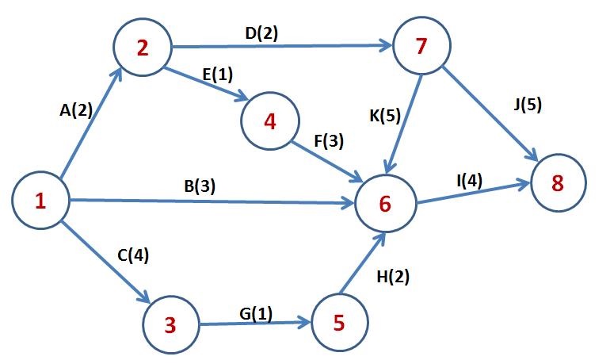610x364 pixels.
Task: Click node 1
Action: (40, 201)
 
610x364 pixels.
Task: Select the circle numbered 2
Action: (143, 48)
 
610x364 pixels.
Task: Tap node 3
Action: (170, 324)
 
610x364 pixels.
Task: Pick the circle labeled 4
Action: (271, 122)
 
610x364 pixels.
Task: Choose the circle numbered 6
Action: (385, 204)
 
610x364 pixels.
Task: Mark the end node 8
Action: (558, 183)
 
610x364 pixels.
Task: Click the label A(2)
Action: (76, 111)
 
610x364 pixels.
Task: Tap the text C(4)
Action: (132, 255)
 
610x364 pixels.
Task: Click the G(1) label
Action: (255, 313)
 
